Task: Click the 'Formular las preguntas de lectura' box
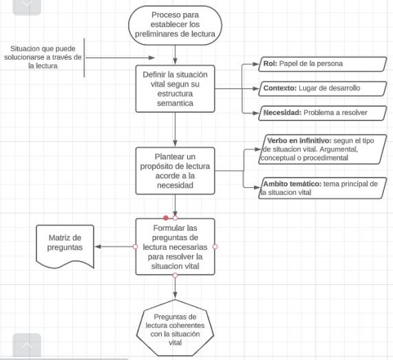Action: [x=175, y=246]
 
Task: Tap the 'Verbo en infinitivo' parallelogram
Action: [x=322, y=149]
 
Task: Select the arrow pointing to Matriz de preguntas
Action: [x=114, y=246]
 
